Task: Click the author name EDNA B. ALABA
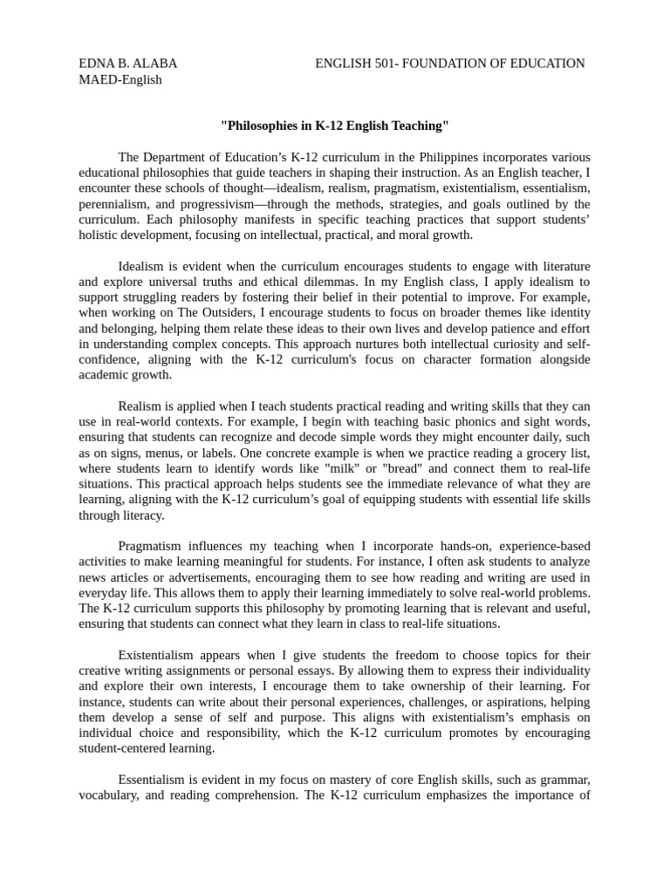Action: [x=127, y=64]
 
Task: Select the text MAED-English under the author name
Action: [x=120, y=80]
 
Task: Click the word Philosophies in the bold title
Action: [x=263, y=126]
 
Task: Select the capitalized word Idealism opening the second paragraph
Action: [x=143, y=266]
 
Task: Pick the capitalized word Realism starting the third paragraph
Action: [x=142, y=407]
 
